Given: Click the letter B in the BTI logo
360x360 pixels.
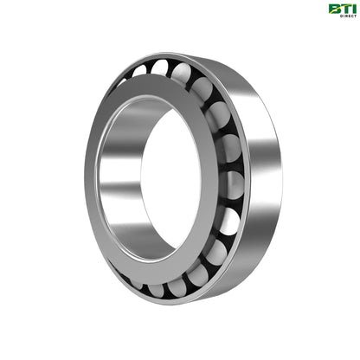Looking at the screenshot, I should [x=333, y=10].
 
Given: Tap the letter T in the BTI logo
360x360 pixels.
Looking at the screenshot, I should [x=344, y=9].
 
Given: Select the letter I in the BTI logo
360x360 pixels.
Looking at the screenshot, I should [x=351, y=9].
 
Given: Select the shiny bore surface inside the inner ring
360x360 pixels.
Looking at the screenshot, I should [x=117, y=182].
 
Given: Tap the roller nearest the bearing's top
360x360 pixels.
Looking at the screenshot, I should [x=161, y=67].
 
